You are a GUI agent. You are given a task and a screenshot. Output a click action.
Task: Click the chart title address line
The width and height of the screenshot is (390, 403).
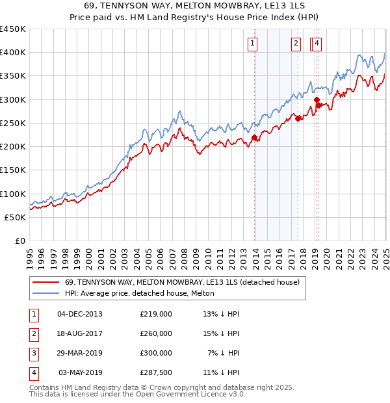tap(194, 6)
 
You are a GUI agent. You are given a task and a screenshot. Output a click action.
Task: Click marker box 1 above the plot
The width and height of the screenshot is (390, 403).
tap(252, 44)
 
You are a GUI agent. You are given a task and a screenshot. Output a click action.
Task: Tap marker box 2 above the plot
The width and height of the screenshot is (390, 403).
tap(296, 44)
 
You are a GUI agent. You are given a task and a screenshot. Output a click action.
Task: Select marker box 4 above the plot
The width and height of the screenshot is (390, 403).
tap(317, 44)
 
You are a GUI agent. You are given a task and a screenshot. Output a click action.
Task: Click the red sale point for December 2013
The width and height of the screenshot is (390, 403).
tap(254, 137)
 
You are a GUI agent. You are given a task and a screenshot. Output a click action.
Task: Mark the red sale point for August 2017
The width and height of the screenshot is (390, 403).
tap(298, 118)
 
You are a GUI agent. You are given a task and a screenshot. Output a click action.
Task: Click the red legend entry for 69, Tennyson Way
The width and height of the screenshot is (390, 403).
tap(182, 282)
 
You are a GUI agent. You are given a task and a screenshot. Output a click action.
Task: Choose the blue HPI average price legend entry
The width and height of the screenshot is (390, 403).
tap(144, 294)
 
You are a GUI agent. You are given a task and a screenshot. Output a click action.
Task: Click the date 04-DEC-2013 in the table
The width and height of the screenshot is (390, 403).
tap(80, 314)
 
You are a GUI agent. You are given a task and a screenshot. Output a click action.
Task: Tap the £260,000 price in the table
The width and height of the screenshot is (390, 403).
tap(156, 333)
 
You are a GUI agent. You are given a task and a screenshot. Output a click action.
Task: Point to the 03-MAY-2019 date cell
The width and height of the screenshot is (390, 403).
tap(81, 372)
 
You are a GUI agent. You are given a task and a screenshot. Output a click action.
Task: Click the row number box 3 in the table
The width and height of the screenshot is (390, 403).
tap(33, 353)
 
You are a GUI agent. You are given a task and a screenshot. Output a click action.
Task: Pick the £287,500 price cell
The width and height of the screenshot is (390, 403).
tap(156, 372)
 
